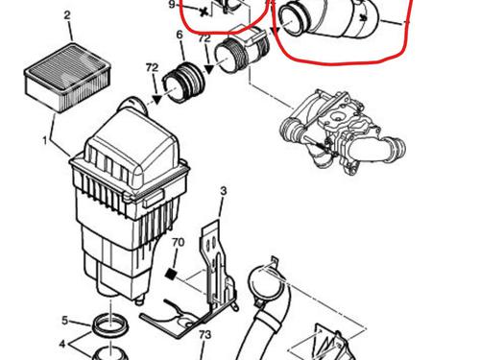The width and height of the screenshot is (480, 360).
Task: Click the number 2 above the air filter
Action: click(x=67, y=15)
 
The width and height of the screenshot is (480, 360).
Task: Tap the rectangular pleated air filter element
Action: click(x=67, y=78)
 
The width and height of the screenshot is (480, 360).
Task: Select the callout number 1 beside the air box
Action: click(x=45, y=140)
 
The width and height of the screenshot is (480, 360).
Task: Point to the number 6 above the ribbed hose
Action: click(x=180, y=35)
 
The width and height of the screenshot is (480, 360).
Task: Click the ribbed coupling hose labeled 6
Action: click(x=183, y=84)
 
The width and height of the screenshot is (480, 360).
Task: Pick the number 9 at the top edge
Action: click(x=172, y=5)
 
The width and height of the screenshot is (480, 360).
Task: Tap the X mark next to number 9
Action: click(x=204, y=12)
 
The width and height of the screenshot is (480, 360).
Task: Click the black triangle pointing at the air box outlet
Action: click(x=157, y=99)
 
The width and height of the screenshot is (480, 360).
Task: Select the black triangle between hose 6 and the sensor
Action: click(x=209, y=69)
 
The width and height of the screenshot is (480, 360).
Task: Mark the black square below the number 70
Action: click(x=171, y=274)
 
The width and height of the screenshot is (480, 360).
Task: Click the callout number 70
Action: click(x=178, y=243)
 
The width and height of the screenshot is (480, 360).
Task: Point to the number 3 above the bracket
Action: click(x=224, y=191)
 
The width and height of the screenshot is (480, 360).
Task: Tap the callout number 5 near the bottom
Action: click(x=64, y=321)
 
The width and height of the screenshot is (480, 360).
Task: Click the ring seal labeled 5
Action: click(x=110, y=325)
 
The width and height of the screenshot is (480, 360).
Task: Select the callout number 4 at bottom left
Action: click(x=62, y=344)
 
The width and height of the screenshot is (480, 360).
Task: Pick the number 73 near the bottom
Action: click(x=204, y=335)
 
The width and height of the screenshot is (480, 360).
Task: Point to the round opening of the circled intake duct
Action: click(x=293, y=17)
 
